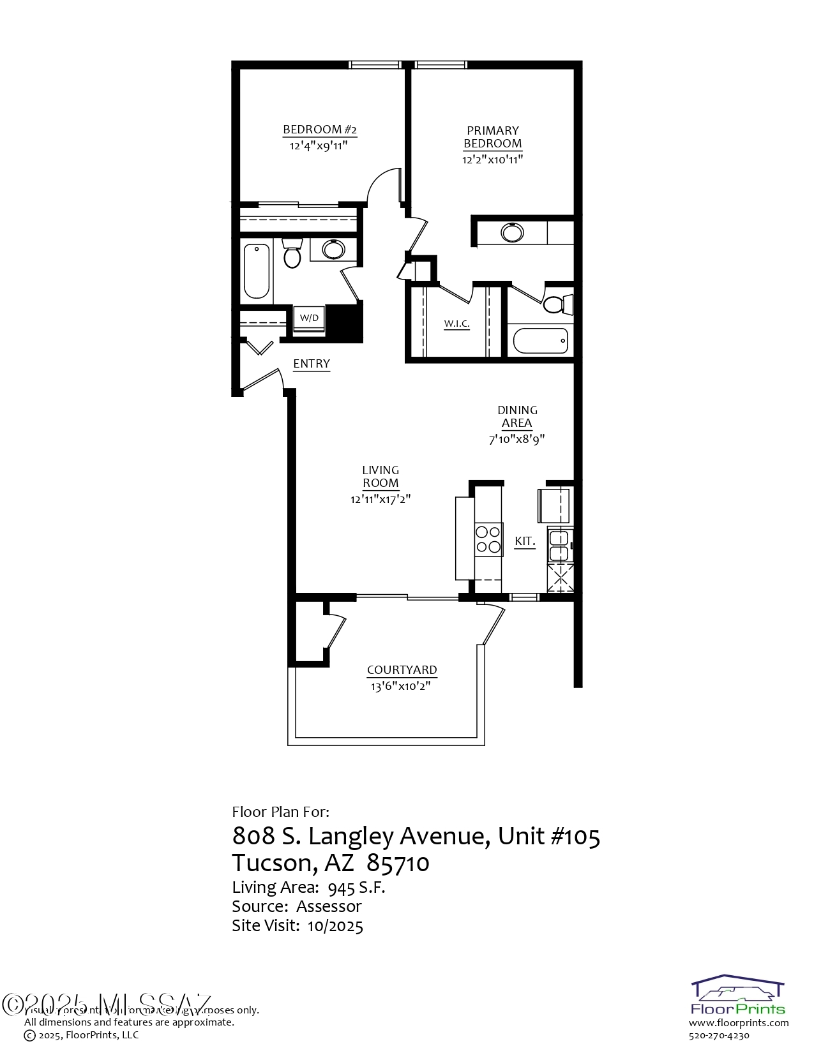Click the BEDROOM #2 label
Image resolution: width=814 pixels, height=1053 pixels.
coord(320,130)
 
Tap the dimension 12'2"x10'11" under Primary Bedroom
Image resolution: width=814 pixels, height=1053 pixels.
coord(492,160)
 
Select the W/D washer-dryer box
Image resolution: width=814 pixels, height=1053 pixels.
coord(309,318)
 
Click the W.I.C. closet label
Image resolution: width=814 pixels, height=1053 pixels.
coord(457,324)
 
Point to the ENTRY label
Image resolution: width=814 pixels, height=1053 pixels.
coord(312,364)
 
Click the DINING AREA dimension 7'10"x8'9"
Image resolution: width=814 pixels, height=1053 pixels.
coord(516,439)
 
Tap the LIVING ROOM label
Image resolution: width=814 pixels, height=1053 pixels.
coord(381,477)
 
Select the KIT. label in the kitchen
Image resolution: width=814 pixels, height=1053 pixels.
coord(525,541)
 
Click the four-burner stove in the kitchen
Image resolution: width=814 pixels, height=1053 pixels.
coord(488,539)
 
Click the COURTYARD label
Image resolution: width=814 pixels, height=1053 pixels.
coord(402,670)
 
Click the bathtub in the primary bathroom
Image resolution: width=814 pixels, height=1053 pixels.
coord(541,341)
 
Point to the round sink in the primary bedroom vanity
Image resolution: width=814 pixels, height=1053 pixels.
coord(512,232)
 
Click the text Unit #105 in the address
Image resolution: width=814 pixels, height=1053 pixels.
coord(549,835)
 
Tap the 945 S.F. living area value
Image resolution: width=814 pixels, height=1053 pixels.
coord(356,888)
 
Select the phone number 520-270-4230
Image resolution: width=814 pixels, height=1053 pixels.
coord(719,1036)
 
